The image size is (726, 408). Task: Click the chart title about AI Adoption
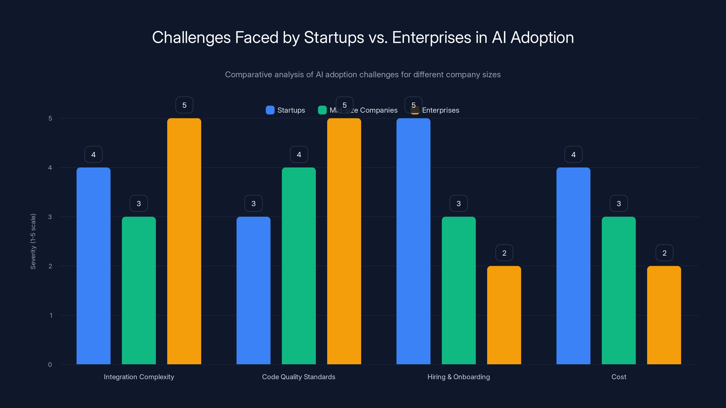pyautogui.click(x=363, y=37)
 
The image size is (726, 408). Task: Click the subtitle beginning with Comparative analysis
pyautogui.click(x=363, y=75)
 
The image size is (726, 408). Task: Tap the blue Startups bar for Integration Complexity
pyautogui.click(x=93, y=266)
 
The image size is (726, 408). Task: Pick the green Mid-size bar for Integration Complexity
pyautogui.click(x=139, y=290)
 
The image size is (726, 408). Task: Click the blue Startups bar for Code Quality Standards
pyautogui.click(x=253, y=290)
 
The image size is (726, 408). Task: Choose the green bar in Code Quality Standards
pyautogui.click(x=299, y=266)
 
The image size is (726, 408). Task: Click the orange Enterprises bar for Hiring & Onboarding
pyautogui.click(x=504, y=315)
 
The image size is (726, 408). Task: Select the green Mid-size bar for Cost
pyautogui.click(x=619, y=290)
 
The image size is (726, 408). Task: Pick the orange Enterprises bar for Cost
pyautogui.click(x=664, y=315)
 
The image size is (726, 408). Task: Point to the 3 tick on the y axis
pyautogui.click(x=50, y=217)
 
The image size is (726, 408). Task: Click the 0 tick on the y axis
pyautogui.click(x=50, y=365)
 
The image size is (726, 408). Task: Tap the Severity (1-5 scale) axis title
pyautogui.click(x=33, y=241)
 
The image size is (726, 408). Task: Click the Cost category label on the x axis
pyautogui.click(x=619, y=377)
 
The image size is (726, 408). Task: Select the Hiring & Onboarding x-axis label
pyautogui.click(x=459, y=377)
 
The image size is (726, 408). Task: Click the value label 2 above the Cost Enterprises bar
pyautogui.click(x=664, y=253)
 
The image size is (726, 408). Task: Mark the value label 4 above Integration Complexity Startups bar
pyautogui.click(x=93, y=154)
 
